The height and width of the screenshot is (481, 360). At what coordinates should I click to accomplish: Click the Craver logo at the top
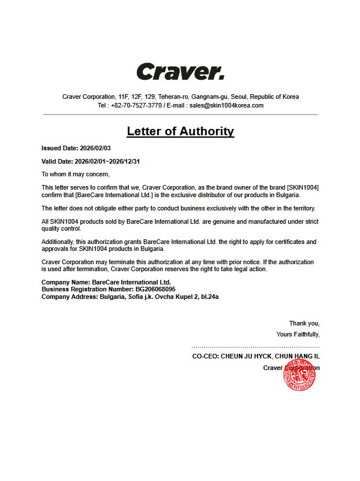(x=180, y=72)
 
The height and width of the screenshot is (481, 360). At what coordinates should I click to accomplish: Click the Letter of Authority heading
(x=180, y=131)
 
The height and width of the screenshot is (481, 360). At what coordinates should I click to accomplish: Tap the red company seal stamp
(x=299, y=375)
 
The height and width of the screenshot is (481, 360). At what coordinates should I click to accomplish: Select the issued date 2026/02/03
(x=95, y=149)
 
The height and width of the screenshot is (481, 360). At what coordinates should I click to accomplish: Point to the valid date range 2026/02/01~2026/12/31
(x=107, y=161)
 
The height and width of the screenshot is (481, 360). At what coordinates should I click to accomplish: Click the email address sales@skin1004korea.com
(x=227, y=105)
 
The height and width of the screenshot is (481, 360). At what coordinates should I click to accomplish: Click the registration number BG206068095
(x=155, y=289)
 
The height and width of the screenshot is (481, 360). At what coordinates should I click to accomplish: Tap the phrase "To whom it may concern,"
(x=75, y=174)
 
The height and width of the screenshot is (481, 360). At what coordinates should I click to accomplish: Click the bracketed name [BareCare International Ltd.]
(x=110, y=195)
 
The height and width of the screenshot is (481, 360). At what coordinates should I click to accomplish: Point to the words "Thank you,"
(x=304, y=323)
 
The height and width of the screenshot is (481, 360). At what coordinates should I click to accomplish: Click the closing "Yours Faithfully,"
(x=298, y=334)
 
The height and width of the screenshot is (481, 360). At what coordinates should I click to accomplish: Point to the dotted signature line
(x=255, y=347)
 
